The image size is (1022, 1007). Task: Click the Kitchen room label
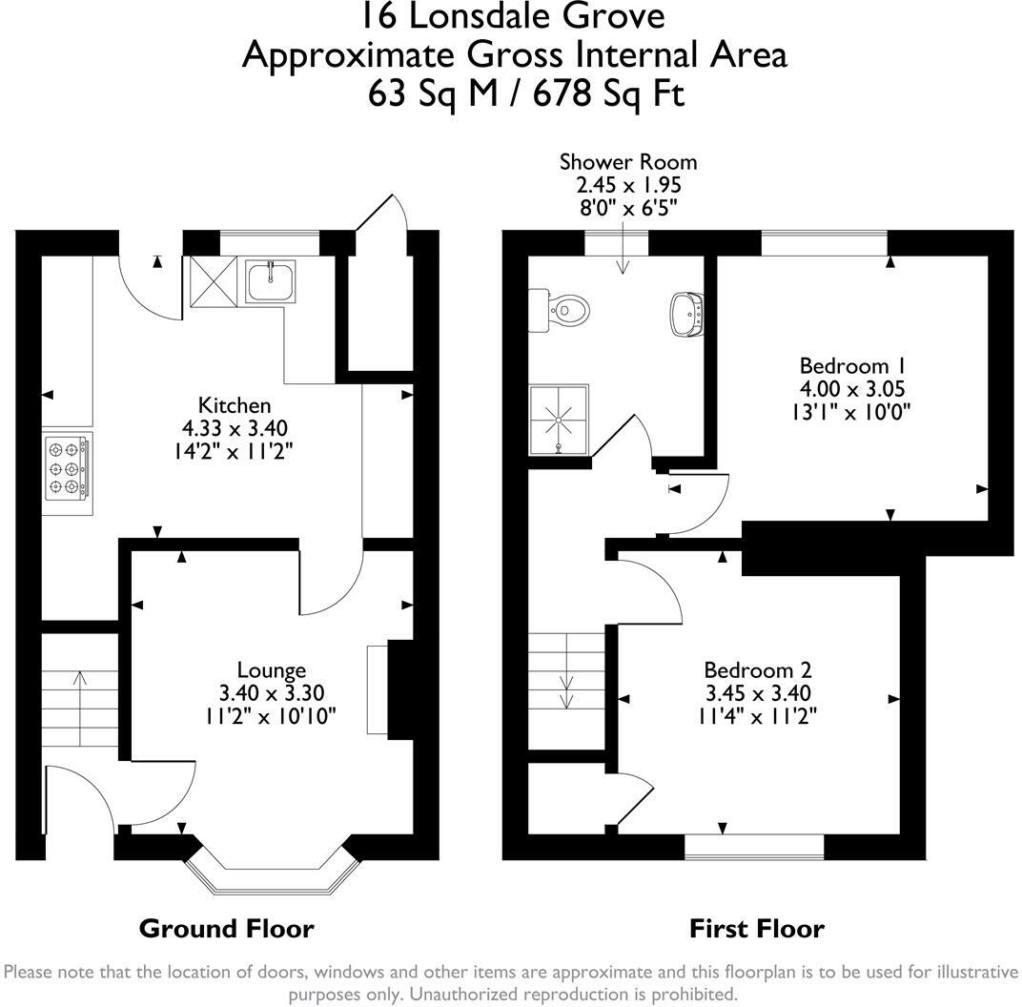click(234, 405)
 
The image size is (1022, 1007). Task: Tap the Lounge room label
click(272, 670)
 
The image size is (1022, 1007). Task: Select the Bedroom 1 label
click(851, 365)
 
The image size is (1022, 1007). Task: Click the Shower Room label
click(627, 162)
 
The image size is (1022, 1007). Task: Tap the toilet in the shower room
click(564, 310)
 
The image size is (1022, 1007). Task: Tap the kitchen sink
click(272, 279)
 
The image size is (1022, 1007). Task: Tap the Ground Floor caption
click(226, 928)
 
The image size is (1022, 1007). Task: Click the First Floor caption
click(756, 928)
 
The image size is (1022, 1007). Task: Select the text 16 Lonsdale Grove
click(514, 16)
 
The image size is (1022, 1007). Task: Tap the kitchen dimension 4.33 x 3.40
click(234, 427)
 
